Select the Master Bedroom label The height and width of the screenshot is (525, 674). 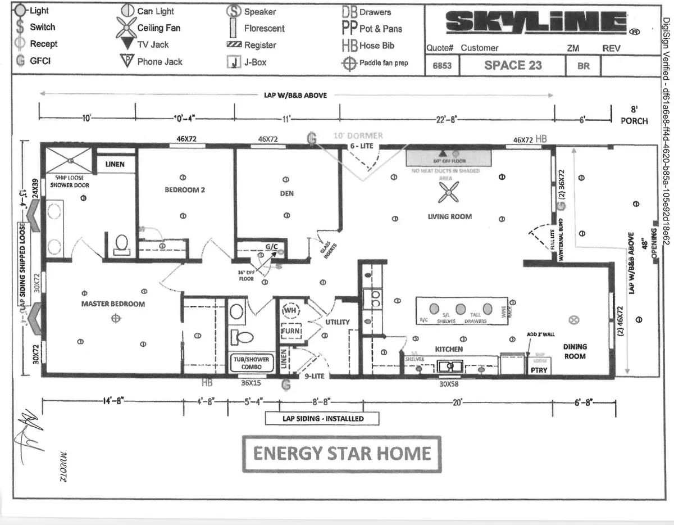click(x=112, y=304)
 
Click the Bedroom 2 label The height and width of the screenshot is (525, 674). click(x=184, y=190)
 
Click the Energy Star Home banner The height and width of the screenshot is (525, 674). click(x=342, y=454)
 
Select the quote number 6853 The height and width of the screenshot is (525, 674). click(x=441, y=66)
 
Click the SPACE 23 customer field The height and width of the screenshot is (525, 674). click(x=513, y=65)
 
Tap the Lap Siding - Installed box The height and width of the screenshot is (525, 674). click(x=322, y=419)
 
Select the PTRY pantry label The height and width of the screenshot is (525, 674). click(x=538, y=370)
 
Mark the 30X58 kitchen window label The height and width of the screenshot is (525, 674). click(x=449, y=385)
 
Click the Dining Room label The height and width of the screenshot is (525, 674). click(x=575, y=351)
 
